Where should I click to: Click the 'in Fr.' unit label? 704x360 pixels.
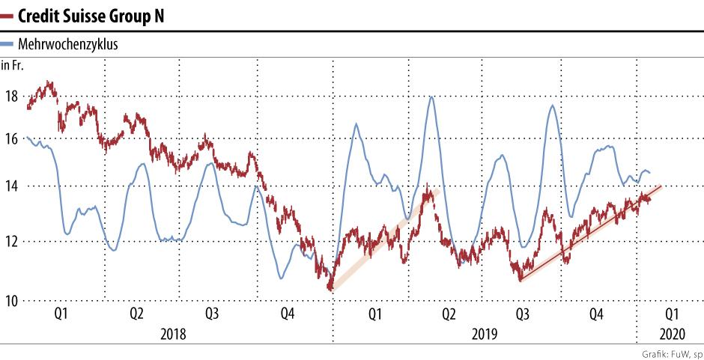pos(13,66)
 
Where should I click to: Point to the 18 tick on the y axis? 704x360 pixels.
pos(10,96)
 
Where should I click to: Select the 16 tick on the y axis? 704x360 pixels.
pos(10,138)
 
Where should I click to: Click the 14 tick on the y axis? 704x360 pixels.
pos(10,186)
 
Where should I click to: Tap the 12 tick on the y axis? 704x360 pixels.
pos(10,241)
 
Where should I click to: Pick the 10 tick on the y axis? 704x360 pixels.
pos(10,301)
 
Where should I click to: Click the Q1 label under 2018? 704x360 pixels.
pos(61,314)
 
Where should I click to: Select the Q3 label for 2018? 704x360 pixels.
pos(212,314)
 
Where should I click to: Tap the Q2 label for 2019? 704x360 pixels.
pos(448,314)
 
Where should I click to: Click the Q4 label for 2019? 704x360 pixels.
pos(597,314)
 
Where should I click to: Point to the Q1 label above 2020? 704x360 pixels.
pos(672,314)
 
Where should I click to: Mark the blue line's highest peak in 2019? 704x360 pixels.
pos(431,97)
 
